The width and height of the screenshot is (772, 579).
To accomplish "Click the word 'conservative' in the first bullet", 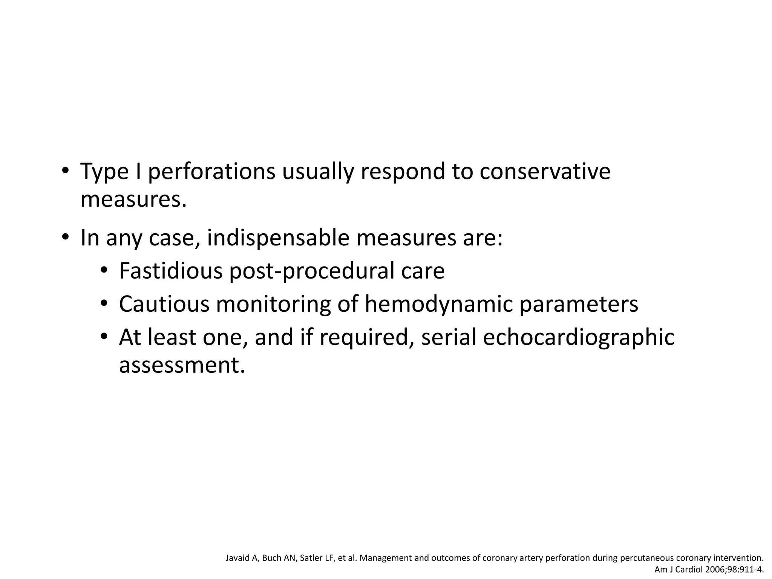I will click(545, 172).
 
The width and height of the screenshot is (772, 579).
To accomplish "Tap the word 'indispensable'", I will click(278, 238).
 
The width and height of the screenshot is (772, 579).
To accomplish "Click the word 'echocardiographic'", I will click(579, 337).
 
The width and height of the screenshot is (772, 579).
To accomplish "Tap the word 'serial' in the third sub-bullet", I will click(449, 337).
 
